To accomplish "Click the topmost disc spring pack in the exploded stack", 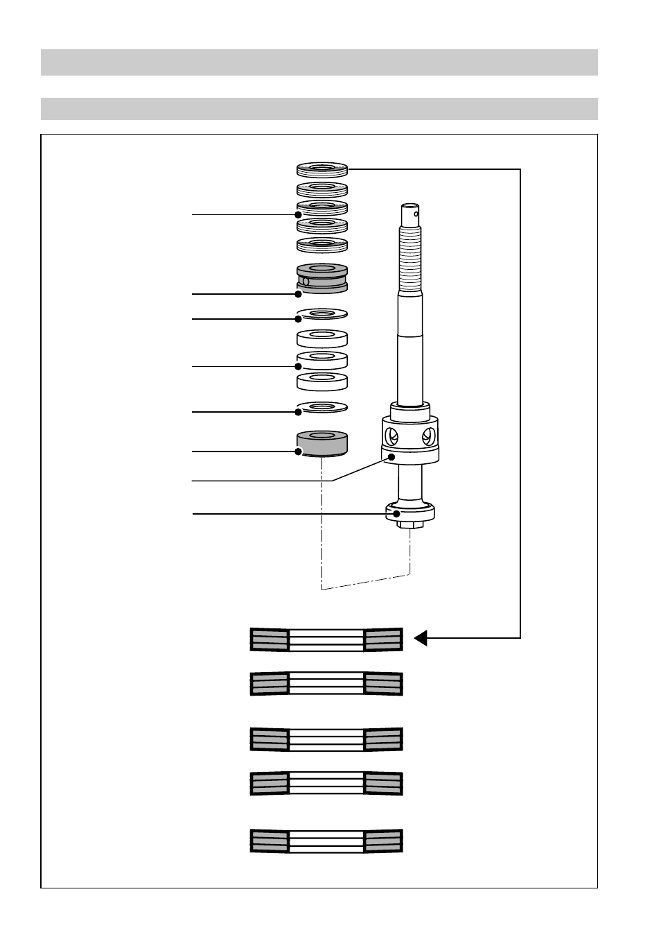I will [x=321, y=169].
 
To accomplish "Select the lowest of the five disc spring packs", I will [x=321, y=245].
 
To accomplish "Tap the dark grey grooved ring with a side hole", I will [x=321, y=279].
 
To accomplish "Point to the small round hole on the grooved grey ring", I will [x=306, y=281].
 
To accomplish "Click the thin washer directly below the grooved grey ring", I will [x=321, y=315].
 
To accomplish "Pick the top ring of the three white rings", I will [x=321, y=338].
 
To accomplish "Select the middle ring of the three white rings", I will [x=321, y=360].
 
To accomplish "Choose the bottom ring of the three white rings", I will [x=321, y=381].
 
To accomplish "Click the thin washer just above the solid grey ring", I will [x=321, y=407].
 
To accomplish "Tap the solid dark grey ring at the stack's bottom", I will [x=321, y=444].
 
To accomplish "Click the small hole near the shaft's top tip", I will [x=416, y=214].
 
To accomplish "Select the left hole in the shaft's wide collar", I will [x=391, y=437].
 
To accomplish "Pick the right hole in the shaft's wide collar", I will [x=428, y=436].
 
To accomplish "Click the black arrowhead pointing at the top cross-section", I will [x=420, y=637].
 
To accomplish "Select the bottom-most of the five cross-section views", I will [x=326, y=841].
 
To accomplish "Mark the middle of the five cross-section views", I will [x=326, y=739].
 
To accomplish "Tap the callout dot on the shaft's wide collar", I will [x=392, y=458].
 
